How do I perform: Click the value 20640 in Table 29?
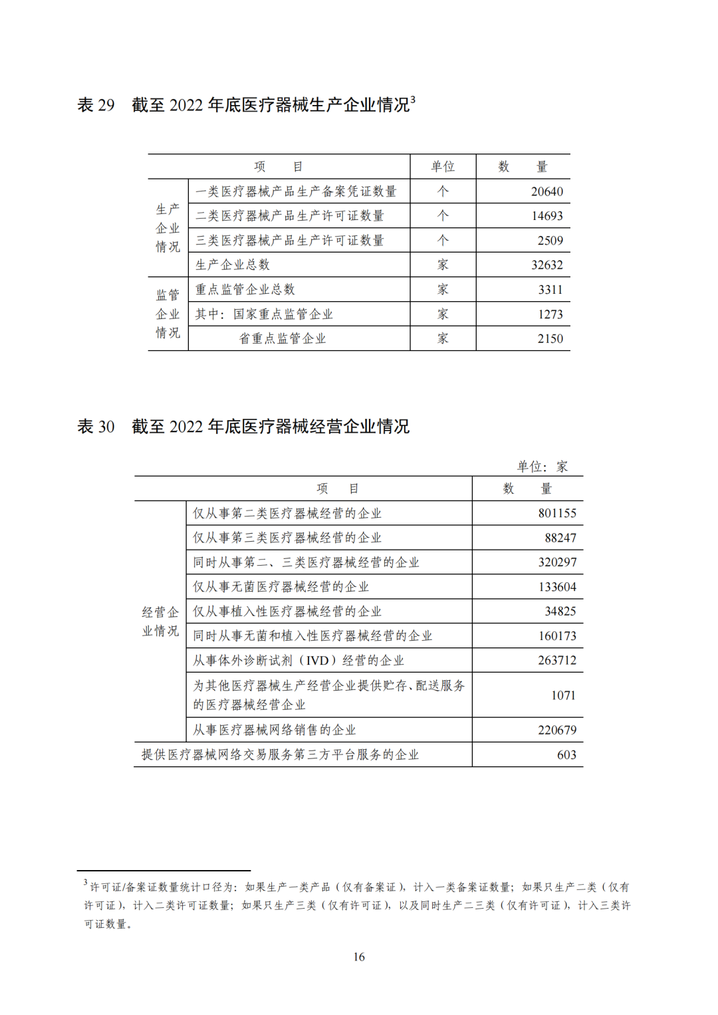tap(546, 191)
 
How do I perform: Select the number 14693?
tap(546, 216)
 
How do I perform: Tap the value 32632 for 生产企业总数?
tap(546, 265)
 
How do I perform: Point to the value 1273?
tap(550, 314)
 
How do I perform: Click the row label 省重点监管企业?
tap(283, 338)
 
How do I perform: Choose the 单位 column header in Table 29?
tap(443, 166)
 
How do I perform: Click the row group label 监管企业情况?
tap(168, 314)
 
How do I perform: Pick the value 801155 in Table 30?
tap(557, 513)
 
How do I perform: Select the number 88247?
tap(560, 538)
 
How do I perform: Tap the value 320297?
tap(557, 562)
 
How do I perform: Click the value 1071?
tap(563, 695)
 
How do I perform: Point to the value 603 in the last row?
tap(566, 754)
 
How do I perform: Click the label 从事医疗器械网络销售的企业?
tap(275, 730)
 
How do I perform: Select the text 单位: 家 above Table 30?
tap(542, 467)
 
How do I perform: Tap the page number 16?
tap(359, 957)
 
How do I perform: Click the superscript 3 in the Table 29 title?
tap(413, 100)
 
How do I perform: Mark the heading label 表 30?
tap(96, 426)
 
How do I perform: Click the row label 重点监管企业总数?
tap(245, 289)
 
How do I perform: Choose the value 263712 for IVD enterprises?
tap(557, 660)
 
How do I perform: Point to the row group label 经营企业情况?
tap(160, 621)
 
